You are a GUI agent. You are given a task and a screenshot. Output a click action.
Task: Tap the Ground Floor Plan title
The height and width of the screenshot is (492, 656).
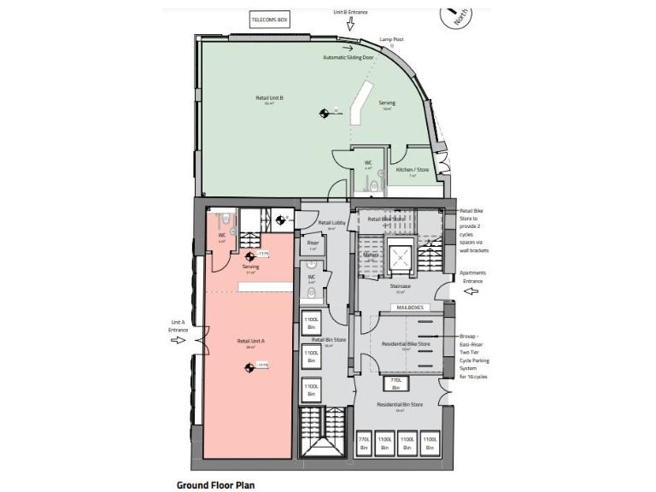[215, 484]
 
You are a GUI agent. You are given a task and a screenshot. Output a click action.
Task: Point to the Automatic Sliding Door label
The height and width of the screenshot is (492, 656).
[348, 57]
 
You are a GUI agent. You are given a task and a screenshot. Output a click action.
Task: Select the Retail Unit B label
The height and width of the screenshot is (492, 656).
[270, 98]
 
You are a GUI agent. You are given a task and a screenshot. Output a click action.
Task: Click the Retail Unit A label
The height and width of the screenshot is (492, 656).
[251, 341]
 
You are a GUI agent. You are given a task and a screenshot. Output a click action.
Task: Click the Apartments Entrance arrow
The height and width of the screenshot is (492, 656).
[470, 290]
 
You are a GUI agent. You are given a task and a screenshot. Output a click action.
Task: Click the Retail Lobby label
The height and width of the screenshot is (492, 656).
[331, 224]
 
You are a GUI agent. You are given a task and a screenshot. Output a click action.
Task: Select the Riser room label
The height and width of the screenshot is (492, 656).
[313, 243]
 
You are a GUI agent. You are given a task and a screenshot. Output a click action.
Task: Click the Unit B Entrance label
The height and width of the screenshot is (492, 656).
[349, 12]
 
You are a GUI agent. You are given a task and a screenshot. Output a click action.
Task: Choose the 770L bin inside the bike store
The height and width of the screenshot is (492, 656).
[395, 381]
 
